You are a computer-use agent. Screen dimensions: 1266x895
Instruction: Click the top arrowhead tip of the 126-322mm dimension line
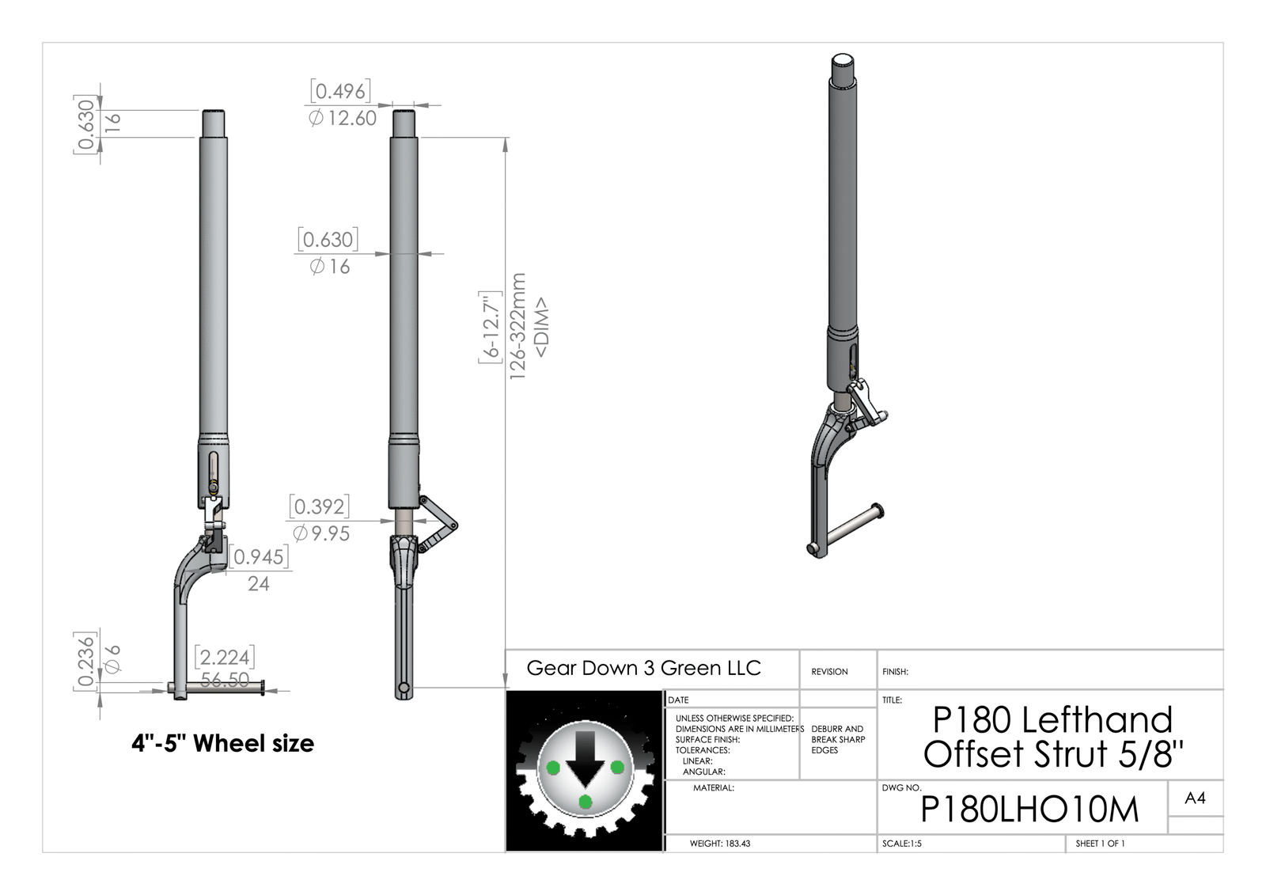click(x=506, y=138)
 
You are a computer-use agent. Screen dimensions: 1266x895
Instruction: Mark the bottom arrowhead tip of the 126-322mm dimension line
click(x=506, y=688)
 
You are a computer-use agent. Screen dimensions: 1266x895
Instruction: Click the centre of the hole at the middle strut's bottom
click(x=404, y=688)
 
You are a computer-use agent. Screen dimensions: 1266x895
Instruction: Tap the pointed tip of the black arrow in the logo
click(x=586, y=787)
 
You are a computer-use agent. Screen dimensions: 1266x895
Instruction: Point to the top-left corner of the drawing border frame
click(x=43, y=43)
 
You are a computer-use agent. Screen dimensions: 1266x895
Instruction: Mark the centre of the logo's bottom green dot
click(x=586, y=802)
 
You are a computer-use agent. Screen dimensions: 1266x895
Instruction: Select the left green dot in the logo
click(x=553, y=768)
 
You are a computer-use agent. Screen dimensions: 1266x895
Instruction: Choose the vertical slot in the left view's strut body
click(x=213, y=466)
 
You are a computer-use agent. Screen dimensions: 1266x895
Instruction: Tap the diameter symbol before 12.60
click(x=316, y=118)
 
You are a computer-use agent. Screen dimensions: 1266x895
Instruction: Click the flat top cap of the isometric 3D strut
click(x=842, y=60)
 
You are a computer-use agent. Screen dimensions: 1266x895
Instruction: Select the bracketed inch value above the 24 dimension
click(x=259, y=557)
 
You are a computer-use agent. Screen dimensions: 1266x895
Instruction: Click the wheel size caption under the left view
click(x=222, y=743)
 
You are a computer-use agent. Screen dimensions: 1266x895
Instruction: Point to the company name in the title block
click(x=644, y=668)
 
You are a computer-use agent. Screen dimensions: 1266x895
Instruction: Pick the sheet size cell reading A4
click(x=1195, y=798)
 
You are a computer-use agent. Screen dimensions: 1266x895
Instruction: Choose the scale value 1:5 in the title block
click(x=914, y=844)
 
